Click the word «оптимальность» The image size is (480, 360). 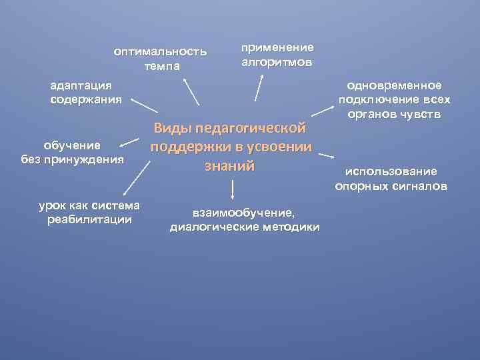[x=160, y=51]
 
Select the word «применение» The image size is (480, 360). [x=277, y=47]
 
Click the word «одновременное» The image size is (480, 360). [x=393, y=86]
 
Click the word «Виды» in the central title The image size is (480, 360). [x=171, y=128]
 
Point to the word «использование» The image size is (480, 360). [x=391, y=172]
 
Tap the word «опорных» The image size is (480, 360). [x=362, y=186]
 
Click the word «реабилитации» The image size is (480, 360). [x=89, y=219]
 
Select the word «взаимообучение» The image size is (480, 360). [x=243, y=213]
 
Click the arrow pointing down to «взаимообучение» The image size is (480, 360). [x=233, y=191]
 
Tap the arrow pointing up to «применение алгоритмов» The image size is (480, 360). [x=260, y=89]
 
